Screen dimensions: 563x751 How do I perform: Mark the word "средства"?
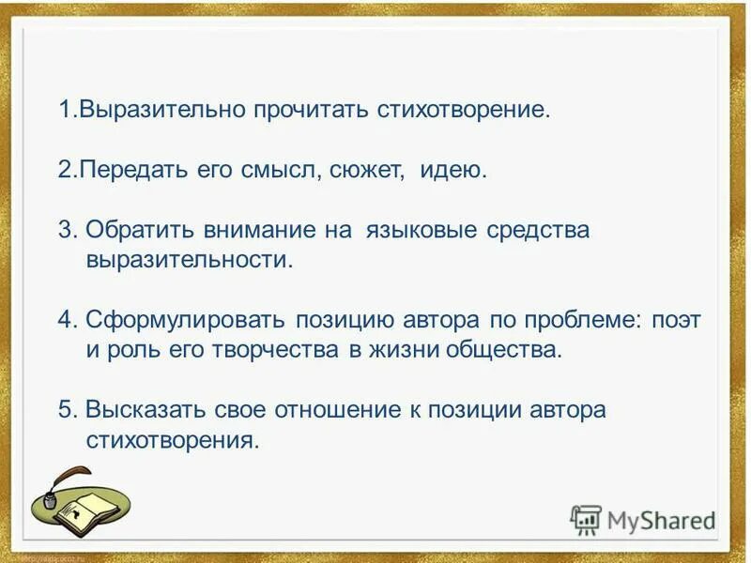(539, 231)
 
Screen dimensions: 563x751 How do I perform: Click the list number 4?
(65, 320)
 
